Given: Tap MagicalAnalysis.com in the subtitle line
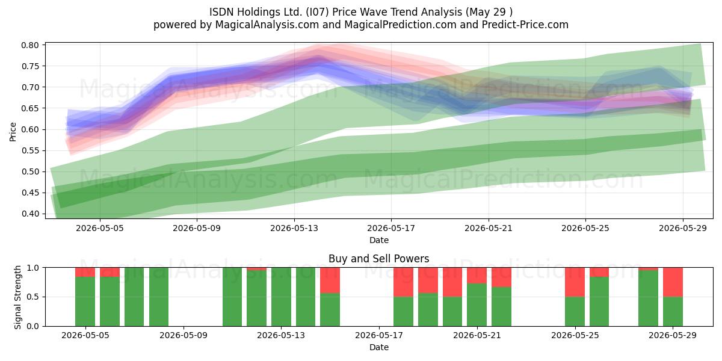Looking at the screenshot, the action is [x=267, y=25].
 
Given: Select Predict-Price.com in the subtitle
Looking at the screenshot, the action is [x=525, y=25].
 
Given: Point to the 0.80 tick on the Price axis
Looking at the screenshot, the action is [x=30, y=45].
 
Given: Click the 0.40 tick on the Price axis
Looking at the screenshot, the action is [x=30, y=214].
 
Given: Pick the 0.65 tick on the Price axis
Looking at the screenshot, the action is [x=30, y=108].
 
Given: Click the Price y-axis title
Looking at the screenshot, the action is [x=13, y=132].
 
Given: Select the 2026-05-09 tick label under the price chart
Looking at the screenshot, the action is [x=197, y=228].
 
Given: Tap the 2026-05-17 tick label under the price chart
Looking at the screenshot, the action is [x=391, y=228].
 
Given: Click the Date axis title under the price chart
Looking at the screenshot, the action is [x=379, y=240].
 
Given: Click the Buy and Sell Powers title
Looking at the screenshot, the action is [x=378, y=259].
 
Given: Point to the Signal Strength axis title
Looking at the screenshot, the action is [x=17, y=297].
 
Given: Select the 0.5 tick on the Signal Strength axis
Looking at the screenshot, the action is [x=33, y=297].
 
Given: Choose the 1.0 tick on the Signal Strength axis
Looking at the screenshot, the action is [x=33, y=268].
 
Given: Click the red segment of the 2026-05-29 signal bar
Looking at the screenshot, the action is [x=673, y=282].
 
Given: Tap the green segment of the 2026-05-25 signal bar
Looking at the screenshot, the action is [x=575, y=312].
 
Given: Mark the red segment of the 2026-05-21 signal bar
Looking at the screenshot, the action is [x=477, y=276].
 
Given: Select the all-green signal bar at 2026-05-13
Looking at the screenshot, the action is [x=281, y=297].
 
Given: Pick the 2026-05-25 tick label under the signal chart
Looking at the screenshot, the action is [x=575, y=335].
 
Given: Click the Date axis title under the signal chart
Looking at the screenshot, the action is [x=379, y=347].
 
